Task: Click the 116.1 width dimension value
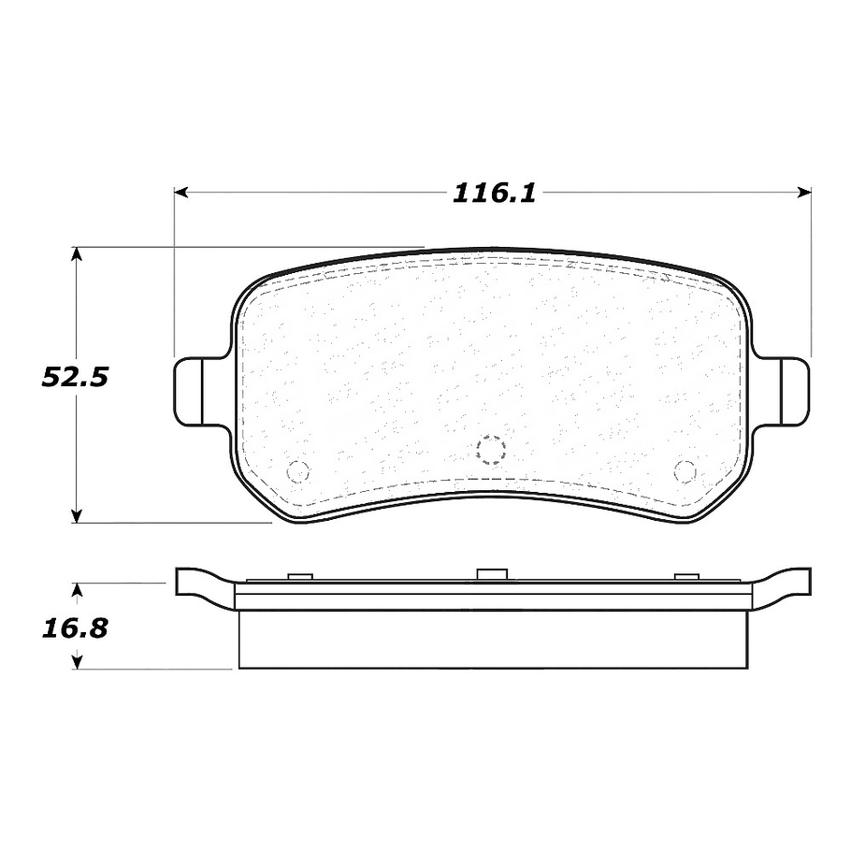coord(494,194)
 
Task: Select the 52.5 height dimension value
coord(75,377)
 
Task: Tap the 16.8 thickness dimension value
coord(75,628)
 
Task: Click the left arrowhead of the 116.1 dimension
coord(181,192)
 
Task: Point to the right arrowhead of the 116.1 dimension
coord(804,192)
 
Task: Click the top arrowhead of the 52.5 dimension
coord(77,254)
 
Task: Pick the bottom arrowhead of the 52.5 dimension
coord(77,515)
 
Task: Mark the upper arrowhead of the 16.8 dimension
coord(77,590)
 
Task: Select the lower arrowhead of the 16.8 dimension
coord(77,661)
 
